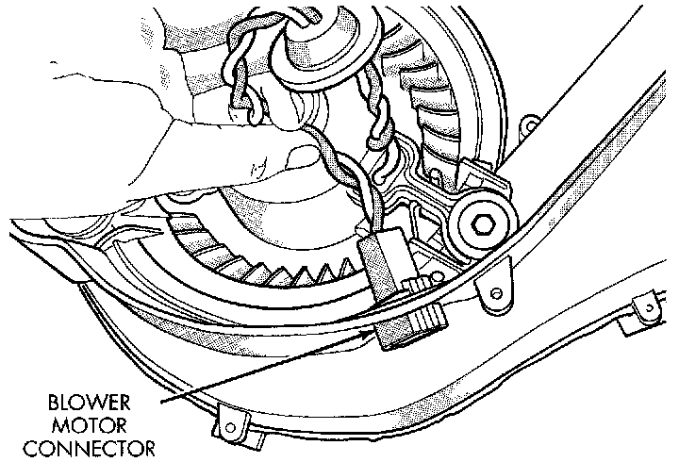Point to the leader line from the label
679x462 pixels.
264,364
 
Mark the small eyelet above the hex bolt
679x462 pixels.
531,122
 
